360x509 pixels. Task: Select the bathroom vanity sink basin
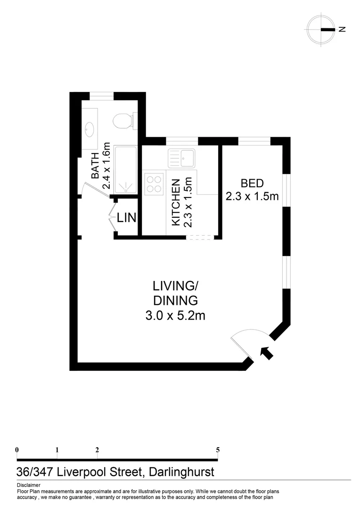tap(90, 127)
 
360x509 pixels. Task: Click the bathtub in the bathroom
tap(125, 170)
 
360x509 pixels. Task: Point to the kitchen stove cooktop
tap(153, 183)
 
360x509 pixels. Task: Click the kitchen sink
tap(181, 158)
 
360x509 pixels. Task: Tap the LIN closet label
tap(127, 218)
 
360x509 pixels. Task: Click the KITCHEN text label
tap(176, 202)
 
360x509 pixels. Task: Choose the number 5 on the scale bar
tap(218, 450)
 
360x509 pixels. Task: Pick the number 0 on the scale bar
tap(17, 450)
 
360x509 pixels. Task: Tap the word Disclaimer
tap(28, 485)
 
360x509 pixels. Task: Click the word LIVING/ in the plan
tap(174, 286)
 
